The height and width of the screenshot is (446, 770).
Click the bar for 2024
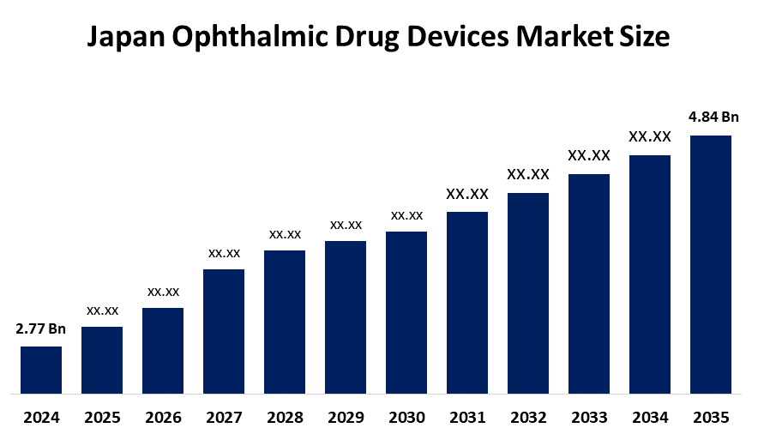41,371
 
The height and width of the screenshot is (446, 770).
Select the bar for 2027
224,332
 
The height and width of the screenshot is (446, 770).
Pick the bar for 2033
589,284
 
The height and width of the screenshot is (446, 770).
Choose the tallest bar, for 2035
711,265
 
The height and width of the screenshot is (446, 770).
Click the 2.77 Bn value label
41,328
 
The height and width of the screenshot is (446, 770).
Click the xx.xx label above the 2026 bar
163,292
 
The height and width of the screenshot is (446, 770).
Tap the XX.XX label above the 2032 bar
528,174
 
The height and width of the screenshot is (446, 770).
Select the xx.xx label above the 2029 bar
346,225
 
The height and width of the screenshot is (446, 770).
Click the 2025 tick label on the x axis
102,419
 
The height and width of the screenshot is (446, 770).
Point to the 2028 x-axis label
285,419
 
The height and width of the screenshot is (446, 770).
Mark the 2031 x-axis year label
467,419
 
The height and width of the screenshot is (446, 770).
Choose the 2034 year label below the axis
650,419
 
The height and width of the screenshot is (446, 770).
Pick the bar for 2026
163,352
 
